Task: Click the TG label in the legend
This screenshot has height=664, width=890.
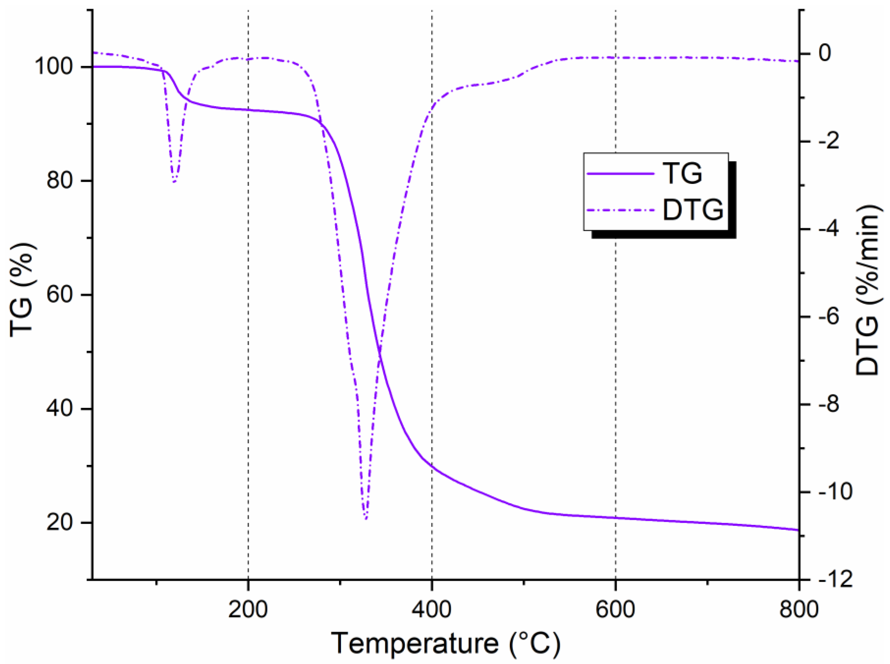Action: click(x=682, y=174)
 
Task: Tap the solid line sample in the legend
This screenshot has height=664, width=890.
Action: click(x=621, y=174)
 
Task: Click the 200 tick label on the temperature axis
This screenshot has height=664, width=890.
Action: click(x=248, y=609)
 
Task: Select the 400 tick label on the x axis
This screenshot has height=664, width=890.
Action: click(x=432, y=609)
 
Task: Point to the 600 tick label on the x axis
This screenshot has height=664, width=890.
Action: click(x=615, y=609)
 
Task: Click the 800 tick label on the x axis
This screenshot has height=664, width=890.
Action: click(x=798, y=609)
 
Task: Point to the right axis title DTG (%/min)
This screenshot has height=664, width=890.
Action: click(x=868, y=290)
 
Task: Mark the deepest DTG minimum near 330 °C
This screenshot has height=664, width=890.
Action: click(x=365, y=519)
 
